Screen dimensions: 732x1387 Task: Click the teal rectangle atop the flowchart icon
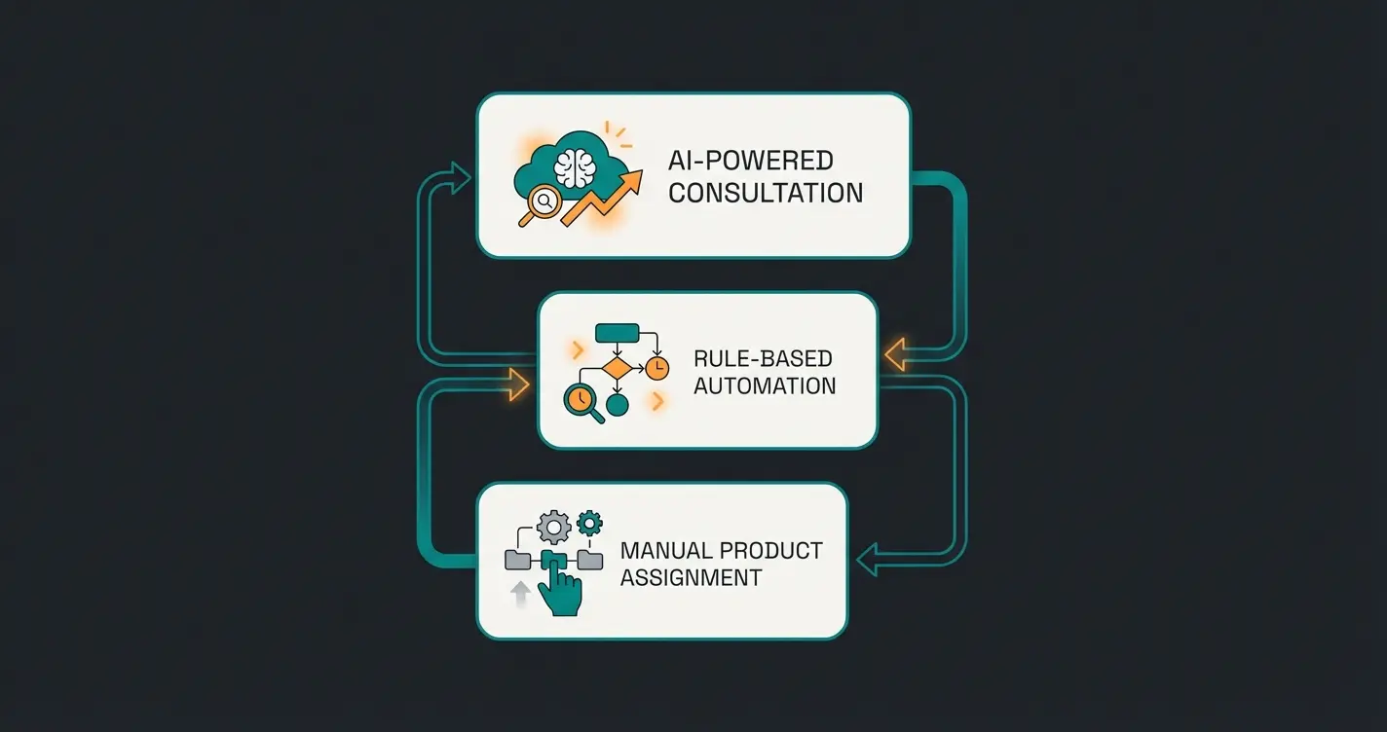[x=617, y=333]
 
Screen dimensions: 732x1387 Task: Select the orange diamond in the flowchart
[x=618, y=367]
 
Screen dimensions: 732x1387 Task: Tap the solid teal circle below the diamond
[x=616, y=402]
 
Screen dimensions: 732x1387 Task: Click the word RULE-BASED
[x=764, y=357]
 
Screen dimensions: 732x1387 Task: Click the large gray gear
[x=553, y=529]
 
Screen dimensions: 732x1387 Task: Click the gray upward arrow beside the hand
[x=520, y=591]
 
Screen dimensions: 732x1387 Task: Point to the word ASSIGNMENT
[x=691, y=577]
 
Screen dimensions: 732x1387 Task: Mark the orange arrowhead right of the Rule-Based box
[x=894, y=355]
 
